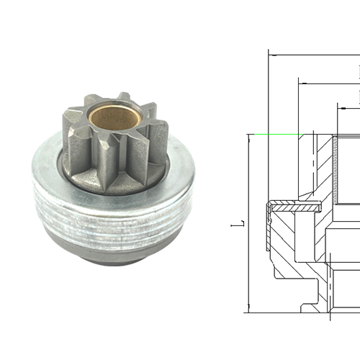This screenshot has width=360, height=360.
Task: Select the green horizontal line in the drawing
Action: point(274,135)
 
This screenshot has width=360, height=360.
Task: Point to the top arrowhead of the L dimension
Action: point(247,138)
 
